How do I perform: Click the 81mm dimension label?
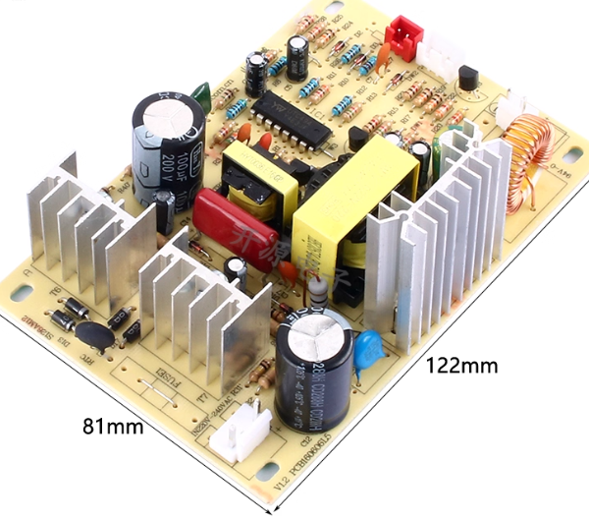[x=111, y=427]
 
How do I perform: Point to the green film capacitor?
[x=201, y=94]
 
